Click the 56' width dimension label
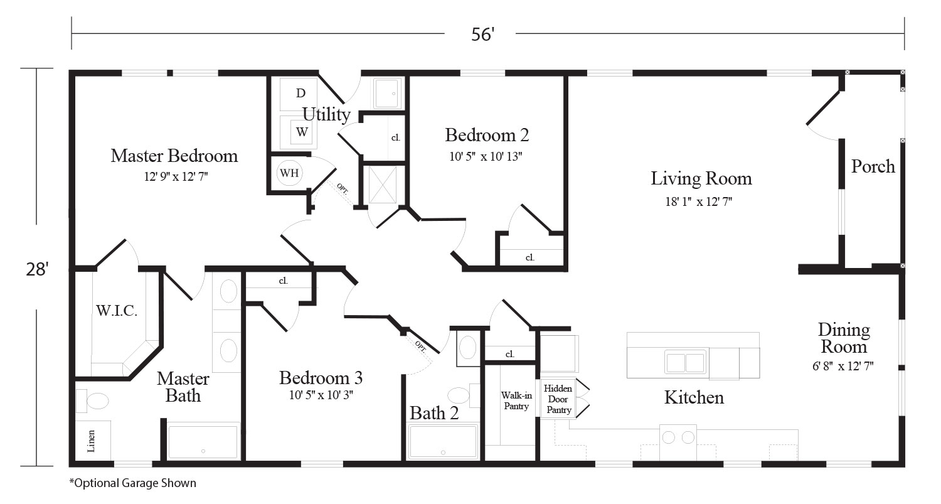coord(482,35)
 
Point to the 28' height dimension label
coord(38,269)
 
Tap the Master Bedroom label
coord(174,156)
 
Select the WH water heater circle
coord(289,173)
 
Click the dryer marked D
coord(299,94)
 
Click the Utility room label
coord(326,114)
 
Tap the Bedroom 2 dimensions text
coord(486,157)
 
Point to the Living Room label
coord(701,179)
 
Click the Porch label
coord(873,167)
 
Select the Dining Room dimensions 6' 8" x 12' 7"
coord(843,366)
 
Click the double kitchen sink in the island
coord(685,362)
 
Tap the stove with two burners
coord(678,442)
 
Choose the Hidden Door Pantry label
coord(558,399)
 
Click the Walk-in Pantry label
coord(516,400)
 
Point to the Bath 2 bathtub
coord(443,441)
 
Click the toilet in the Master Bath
coord(92,401)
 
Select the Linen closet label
coord(91,441)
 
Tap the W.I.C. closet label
coord(116,311)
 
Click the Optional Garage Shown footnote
coord(133,483)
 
